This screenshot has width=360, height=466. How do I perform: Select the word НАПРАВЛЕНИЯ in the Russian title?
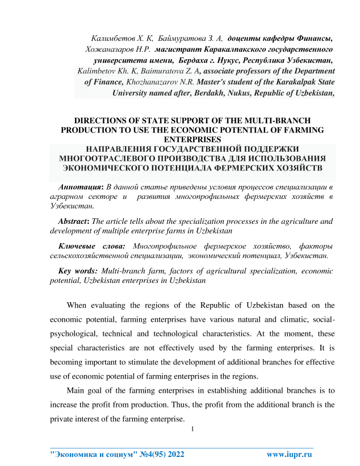point(115,149)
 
